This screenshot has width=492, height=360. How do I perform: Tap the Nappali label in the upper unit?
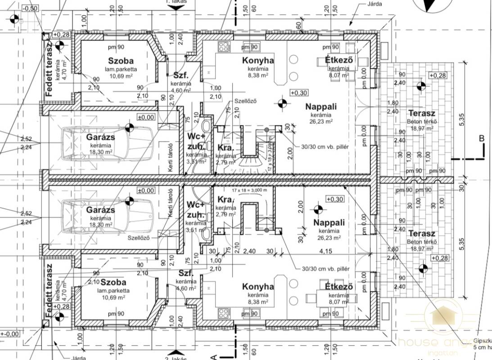321,107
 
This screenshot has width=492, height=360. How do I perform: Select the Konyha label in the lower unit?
258,287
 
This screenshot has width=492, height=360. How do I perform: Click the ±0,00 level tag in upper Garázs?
146,117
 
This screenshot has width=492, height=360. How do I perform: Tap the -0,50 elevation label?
30,9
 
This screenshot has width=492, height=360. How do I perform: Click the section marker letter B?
481,139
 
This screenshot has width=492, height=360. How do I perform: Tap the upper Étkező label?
338,61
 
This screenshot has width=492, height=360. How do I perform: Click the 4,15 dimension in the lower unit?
322,251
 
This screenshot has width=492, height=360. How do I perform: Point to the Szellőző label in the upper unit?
245,101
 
